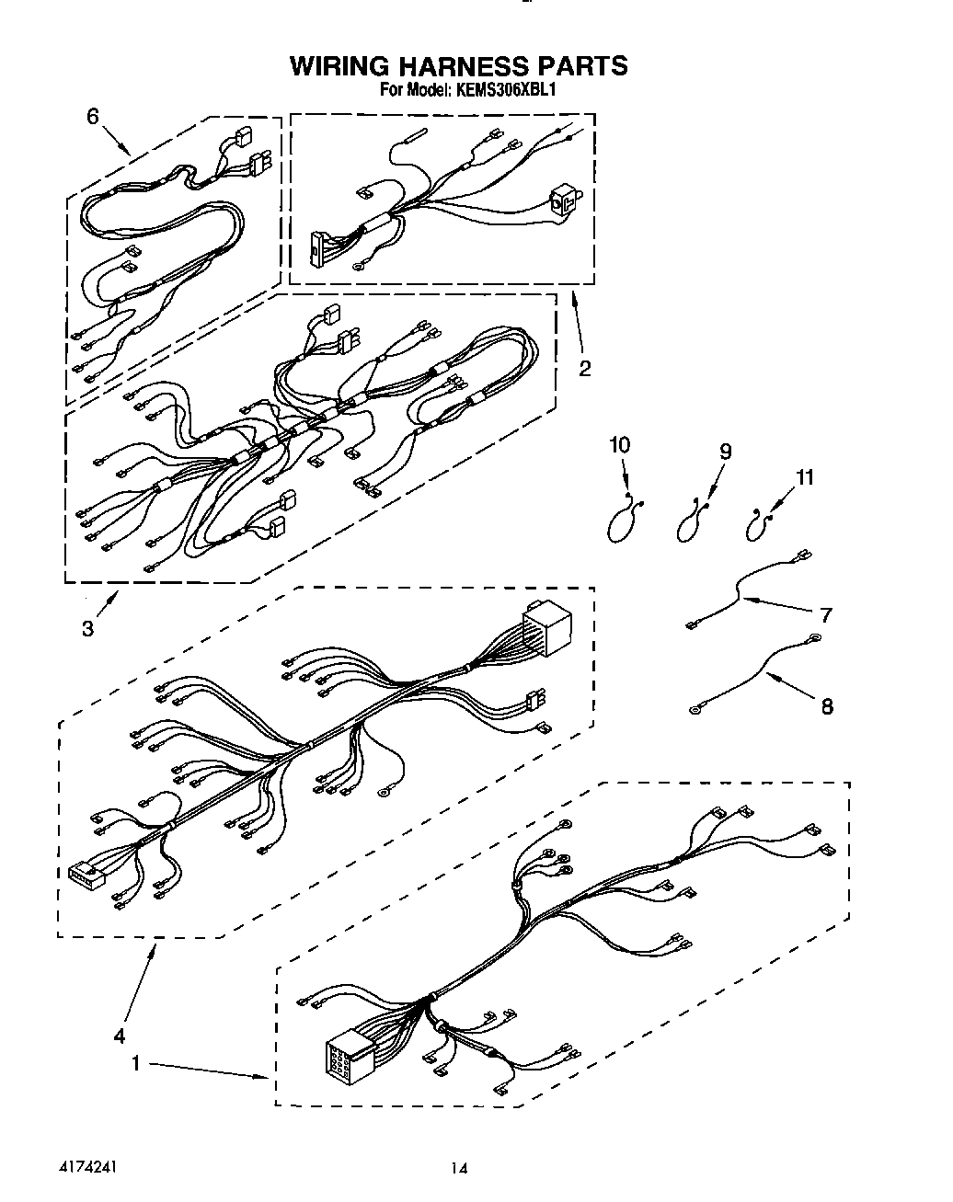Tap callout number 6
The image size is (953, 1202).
(x=92, y=116)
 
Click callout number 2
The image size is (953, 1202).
(x=584, y=369)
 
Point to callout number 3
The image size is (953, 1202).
(x=87, y=628)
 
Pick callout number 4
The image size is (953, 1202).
(x=119, y=1036)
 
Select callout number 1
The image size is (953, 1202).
(x=135, y=1063)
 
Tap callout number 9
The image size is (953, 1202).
(x=725, y=451)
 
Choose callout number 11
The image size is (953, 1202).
(x=805, y=477)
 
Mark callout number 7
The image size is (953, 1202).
(x=826, y=614)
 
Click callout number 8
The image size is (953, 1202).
(x=826, y=706)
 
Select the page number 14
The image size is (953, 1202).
(x=459, y=1169)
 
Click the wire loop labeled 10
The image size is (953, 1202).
(x=623, y=523)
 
